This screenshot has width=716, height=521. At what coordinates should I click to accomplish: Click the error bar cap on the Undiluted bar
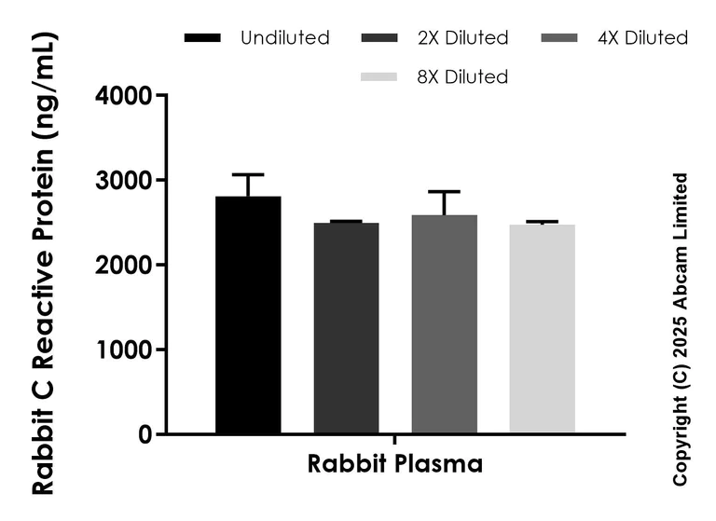point(248,174)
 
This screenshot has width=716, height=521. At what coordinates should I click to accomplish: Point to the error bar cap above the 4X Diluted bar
point(444,191)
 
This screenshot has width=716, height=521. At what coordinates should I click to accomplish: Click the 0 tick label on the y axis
point(145,434)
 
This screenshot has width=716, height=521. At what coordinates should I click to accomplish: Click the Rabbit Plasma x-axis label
point(395,464)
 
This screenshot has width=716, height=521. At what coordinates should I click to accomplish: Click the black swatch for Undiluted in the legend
point(202,38)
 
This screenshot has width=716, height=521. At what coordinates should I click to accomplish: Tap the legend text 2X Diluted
point(463,38)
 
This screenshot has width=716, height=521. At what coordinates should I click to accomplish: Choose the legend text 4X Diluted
point(643,38)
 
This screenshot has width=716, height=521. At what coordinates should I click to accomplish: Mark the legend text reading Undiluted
point(284,38)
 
